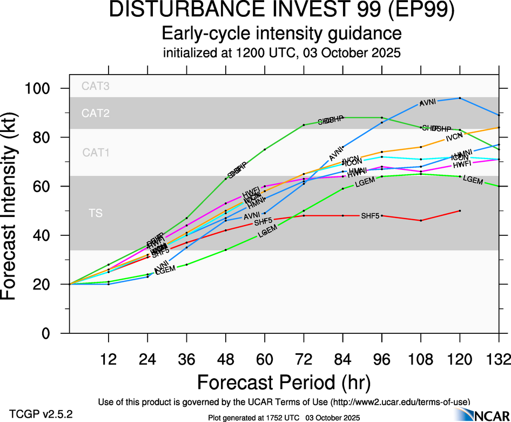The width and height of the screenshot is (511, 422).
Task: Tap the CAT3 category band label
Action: point(95,85)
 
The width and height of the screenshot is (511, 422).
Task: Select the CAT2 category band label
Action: point(95,113)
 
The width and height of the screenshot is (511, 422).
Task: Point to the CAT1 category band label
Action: point(96,153)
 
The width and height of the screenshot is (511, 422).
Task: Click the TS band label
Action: point(95,214)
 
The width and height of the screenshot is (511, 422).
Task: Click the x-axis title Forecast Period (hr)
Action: point(284,383)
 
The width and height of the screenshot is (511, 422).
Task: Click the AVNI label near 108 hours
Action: point(428,102)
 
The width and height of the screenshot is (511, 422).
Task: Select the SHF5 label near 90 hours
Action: point(370,216)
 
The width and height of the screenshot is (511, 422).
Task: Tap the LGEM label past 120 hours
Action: point(473,180)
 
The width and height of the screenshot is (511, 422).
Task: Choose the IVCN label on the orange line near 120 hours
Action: point(454,139)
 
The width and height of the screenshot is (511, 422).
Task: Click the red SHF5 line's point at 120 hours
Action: point(460,210)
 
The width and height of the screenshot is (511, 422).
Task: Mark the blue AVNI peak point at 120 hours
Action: point(460,98)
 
